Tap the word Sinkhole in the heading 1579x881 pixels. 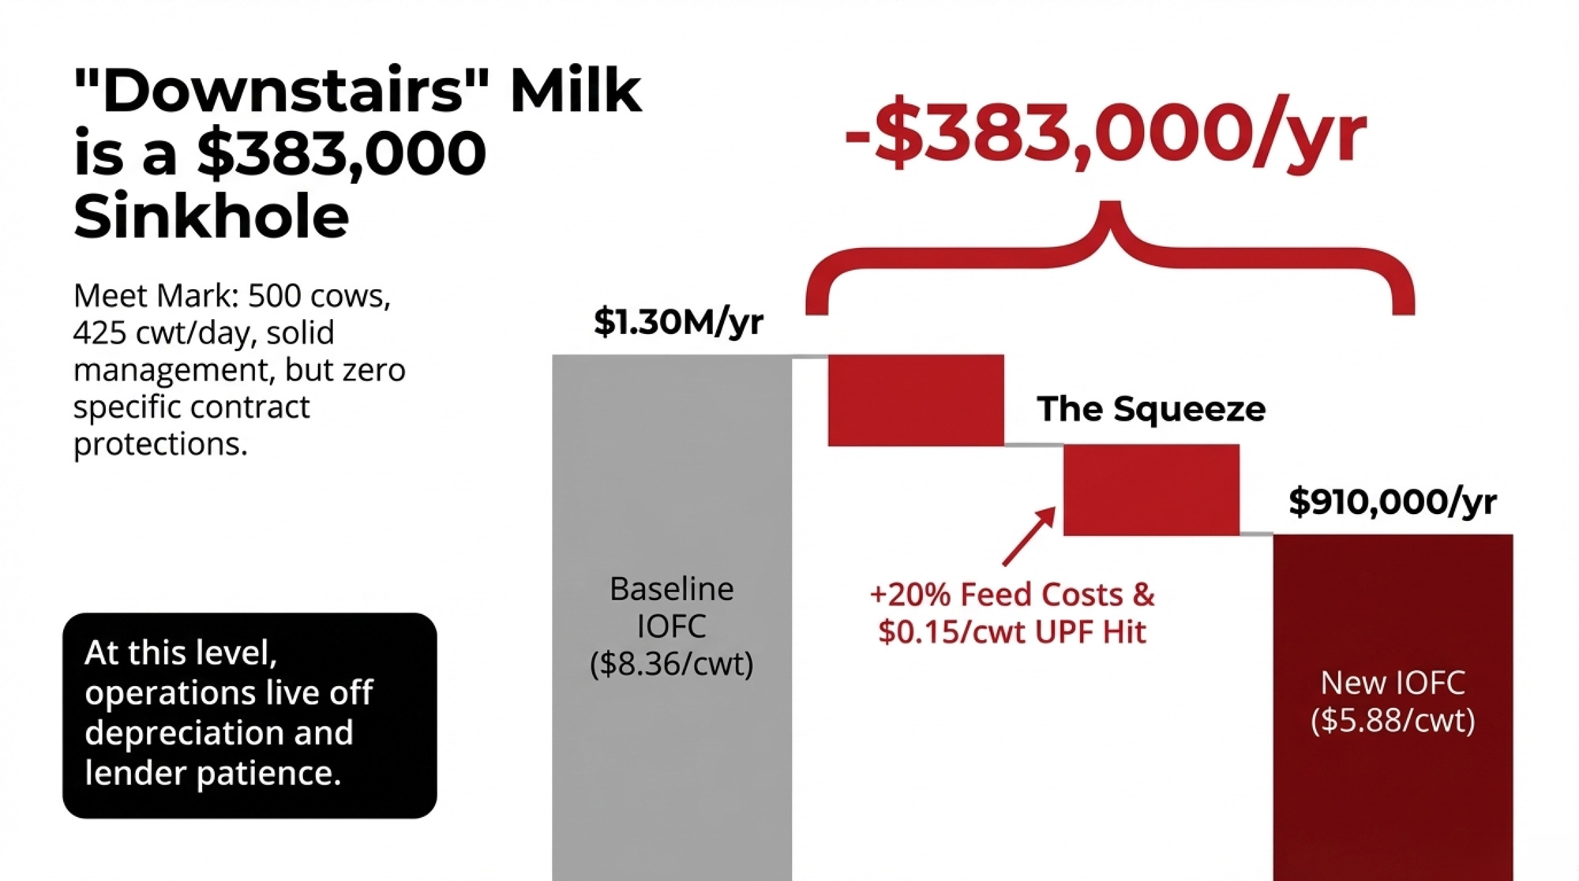[212, 216]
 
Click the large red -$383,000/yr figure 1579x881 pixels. [1105, 133]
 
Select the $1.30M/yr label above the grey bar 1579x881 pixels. [678, 321]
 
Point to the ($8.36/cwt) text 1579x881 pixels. [672, 663]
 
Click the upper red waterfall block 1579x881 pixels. [916, 400]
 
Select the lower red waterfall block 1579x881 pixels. [1151, 490]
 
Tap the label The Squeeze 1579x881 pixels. [1151, 409]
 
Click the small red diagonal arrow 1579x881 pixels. [1030, 536]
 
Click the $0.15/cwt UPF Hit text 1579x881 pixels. [1012, 632]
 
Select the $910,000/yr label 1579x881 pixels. [1393, 501]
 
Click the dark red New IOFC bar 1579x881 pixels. [1393, 707]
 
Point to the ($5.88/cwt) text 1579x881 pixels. [1393, 720]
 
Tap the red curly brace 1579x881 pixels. [1110, 261]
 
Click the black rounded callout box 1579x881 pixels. [249, 715]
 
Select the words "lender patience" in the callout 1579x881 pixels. [212, 772]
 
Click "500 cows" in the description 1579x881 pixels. [319, 295]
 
